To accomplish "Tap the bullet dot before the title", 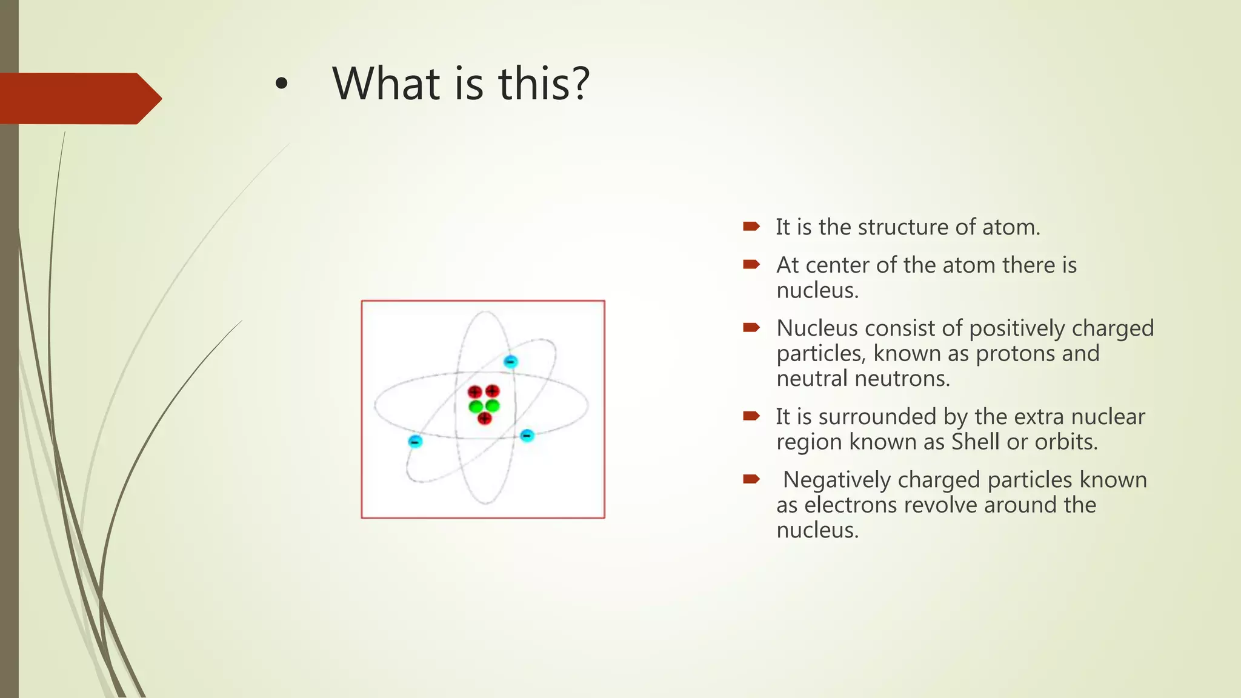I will point(281,85).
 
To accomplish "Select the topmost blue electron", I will point(510,362).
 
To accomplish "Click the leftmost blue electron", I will point(415,441).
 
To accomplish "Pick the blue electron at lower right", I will point(527,435).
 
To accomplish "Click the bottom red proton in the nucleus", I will point(484,418).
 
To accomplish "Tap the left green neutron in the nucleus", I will point(476,405).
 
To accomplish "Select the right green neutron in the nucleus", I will point(493,405).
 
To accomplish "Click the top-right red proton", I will point(493,391).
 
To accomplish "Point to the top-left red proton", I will point(475,392).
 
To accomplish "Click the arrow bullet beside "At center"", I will point(751,264).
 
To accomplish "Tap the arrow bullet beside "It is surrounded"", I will point(751,416).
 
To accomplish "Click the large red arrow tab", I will point(79,98).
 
